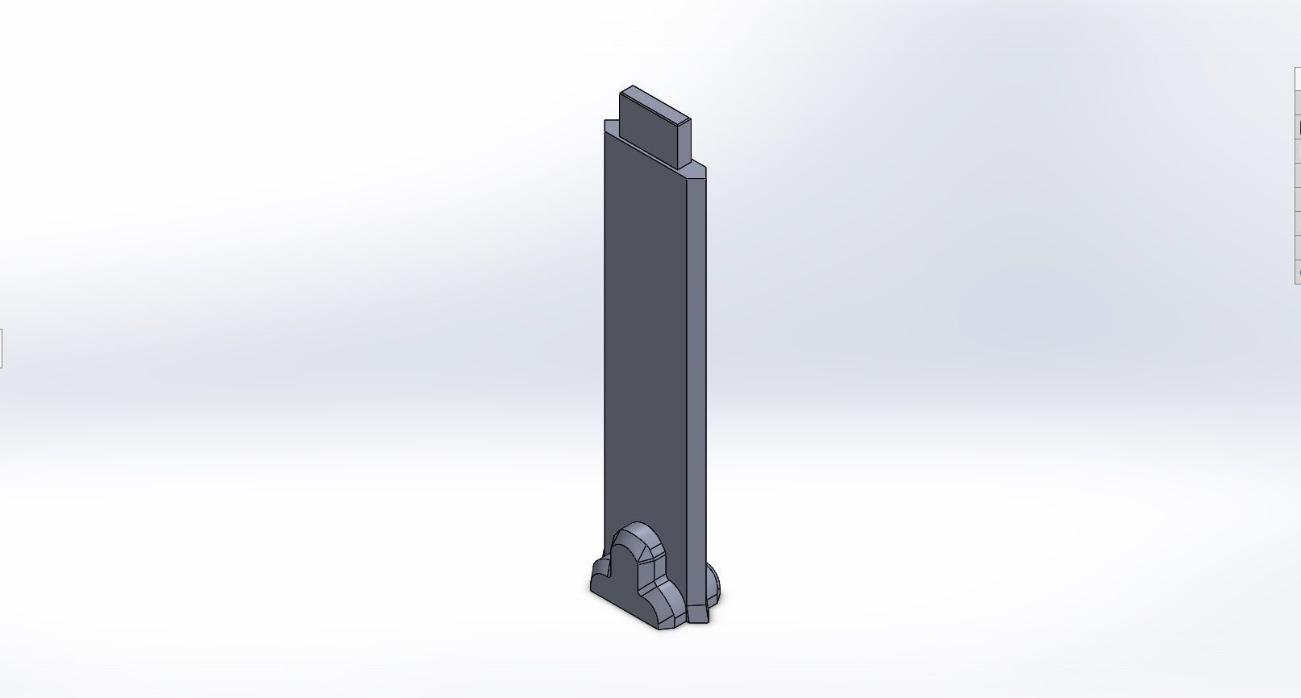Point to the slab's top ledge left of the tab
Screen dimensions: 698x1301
click(612, 129)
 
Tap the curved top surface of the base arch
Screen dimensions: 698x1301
click(636, 536)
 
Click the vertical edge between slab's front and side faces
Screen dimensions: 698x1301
click(686, 363)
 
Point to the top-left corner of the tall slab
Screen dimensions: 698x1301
click(605, 122)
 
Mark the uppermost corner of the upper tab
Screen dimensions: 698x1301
click(632, 86)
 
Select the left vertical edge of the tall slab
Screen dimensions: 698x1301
click(605, 339)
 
